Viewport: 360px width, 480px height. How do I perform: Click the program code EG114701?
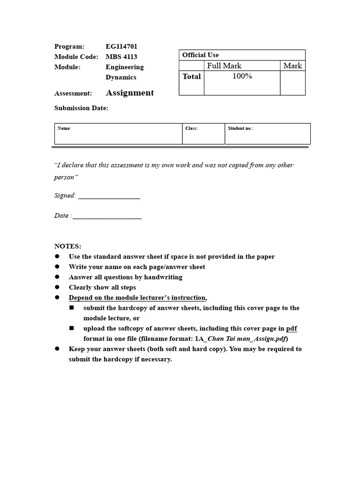pos(121,46)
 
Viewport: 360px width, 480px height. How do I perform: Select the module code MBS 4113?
pos(121,57)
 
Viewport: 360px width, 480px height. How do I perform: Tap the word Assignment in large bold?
pos(130,93)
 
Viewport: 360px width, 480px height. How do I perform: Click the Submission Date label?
pos(81,108)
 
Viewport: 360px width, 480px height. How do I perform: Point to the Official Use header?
pos(200,55)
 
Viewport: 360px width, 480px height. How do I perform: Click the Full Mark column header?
pos(224,66)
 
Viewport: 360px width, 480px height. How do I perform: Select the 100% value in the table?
pos(242,76)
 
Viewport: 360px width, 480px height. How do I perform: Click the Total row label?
pos(191,76)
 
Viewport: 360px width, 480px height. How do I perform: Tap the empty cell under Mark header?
pos(292,83)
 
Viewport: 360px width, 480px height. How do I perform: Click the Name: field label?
pos(64,128)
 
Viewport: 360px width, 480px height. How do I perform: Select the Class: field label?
pos(191,128)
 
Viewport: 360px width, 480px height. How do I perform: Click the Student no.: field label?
pos(240,128)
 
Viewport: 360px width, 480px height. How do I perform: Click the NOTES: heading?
pos(67,246)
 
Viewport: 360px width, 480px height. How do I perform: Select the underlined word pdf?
pos(292,329)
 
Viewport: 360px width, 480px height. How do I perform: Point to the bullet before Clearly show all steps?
pos(57,287)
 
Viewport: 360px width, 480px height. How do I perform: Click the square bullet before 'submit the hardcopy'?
pos(72,308)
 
